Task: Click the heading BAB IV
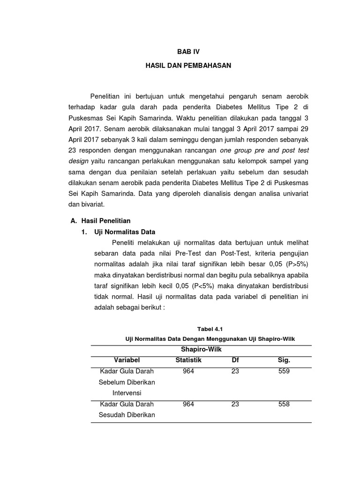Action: point(187,52)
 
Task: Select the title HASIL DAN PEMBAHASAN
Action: point(187,66)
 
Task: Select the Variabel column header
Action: point(127,360)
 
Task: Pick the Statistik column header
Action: point(188,360)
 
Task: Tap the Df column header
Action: point(235,360)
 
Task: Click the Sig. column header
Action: point(284,360)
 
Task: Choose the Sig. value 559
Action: point(284,371)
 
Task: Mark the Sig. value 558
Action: point(284,404)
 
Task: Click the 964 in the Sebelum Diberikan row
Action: point(188,371)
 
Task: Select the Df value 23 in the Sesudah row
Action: point(235,404)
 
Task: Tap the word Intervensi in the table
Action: point(127,393)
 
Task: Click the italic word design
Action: point(78,160)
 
